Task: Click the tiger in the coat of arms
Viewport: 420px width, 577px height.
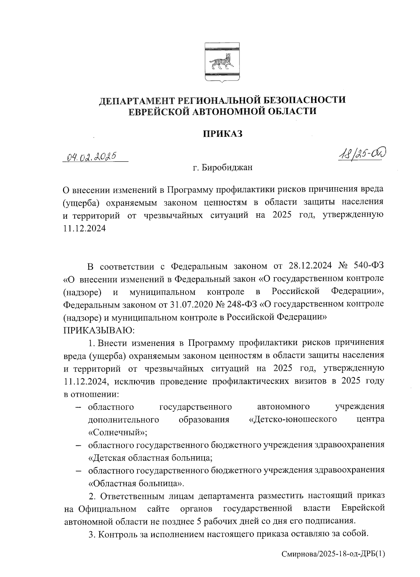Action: [222, 63]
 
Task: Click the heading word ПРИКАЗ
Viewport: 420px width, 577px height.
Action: [223, 134]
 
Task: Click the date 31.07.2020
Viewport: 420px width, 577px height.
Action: [190, 304]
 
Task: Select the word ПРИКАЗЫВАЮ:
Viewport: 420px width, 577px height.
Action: [97, 330]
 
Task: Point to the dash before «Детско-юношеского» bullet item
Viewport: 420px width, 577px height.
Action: [79, 407]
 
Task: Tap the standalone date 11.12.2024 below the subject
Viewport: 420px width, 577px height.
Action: [84, 228]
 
